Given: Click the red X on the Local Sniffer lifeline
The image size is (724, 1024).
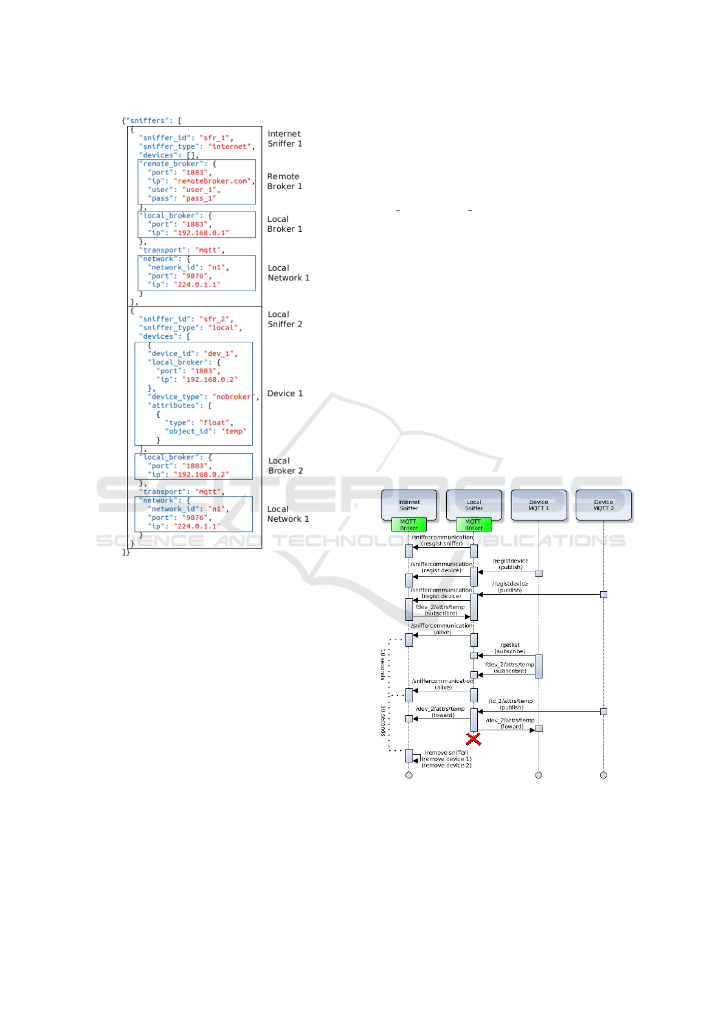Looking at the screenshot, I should click(x=474, y=739).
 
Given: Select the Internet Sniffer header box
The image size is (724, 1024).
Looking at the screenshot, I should click(x=409, y=505).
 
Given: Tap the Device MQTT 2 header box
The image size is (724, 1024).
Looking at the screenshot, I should click(x=603, y=505).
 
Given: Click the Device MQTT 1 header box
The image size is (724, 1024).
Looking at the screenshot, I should click(x=539, y=505).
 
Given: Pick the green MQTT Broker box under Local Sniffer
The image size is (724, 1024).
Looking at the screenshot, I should click(x=474, y=525).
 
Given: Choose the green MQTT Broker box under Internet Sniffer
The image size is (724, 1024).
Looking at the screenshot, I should click(x=409, y=525).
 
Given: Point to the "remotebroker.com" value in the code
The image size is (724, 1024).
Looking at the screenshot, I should click(x=213, y=181).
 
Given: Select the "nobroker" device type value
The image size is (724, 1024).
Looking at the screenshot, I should click(x=233, y=397).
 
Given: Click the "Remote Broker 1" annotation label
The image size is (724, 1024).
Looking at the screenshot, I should click(x=284, y=181).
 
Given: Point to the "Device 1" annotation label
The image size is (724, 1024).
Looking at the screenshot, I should click(x=284, y=393).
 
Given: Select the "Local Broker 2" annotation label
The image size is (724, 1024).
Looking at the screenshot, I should click(x=285, y=466).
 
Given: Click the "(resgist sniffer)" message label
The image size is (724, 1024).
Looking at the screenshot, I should click(x=442, y=544).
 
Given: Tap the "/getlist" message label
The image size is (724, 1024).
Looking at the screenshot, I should click(x=510, y=645).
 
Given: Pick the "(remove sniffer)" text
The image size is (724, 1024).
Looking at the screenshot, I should click(x=446, y=753).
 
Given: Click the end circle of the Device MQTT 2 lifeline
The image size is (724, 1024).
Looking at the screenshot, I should click(x=603, y=775).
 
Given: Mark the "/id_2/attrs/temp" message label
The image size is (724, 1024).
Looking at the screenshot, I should click(x=511, y=701).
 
